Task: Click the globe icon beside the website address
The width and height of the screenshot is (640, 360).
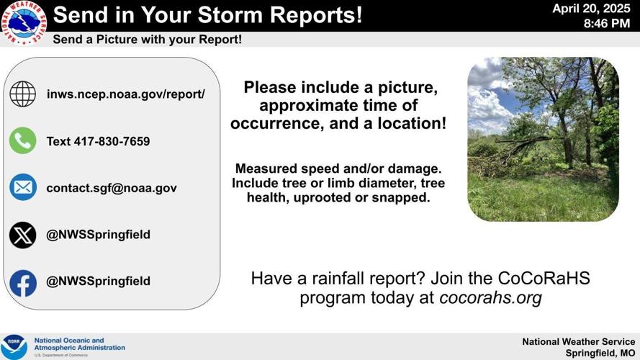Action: [23, 94]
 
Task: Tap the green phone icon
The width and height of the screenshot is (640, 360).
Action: [23, 141]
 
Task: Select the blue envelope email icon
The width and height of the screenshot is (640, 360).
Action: [23, 188]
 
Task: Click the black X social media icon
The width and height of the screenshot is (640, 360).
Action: [23, 235]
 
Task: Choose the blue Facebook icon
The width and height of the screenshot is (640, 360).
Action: [23, 282]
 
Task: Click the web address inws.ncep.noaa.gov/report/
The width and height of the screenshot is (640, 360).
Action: [125, 94]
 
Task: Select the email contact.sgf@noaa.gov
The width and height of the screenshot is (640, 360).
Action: [111, 188]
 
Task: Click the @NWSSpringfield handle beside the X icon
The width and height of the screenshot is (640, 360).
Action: [98, 235]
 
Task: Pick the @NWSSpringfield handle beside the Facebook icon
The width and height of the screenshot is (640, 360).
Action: [98, 281]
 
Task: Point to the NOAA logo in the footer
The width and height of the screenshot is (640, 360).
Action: [14, 346]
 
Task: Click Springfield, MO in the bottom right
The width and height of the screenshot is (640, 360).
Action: [600, 353]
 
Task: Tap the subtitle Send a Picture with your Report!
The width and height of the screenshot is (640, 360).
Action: [147, 40]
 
